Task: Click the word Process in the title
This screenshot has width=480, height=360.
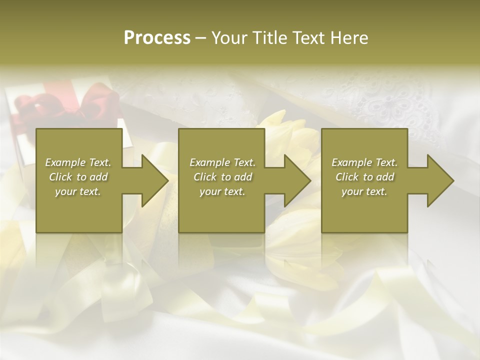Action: pyautogui.click(x=157, y=38)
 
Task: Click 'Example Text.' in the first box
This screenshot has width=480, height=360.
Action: pyautogui.click(x=78, y=162)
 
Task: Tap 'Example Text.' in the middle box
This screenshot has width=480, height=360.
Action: pyautogui.click(x=222, y=162)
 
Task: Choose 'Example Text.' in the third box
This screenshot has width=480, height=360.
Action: pyautogui.click(x=364, y=162)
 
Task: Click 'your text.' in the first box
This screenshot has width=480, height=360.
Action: pyautogui.click(x=78, y=191)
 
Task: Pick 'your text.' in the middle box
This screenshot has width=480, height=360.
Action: pyautogui.click(x=222, y=191)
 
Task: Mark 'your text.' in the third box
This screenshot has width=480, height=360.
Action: pyautogui.click(x=364, y=191)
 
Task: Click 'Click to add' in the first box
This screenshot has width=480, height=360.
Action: pyautogui.click(x=78, y=177)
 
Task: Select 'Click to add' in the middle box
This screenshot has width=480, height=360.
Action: pyautogui.click(x=222, y=177)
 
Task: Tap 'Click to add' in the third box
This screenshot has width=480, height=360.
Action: pyautogui.click(x=364, y=177)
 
